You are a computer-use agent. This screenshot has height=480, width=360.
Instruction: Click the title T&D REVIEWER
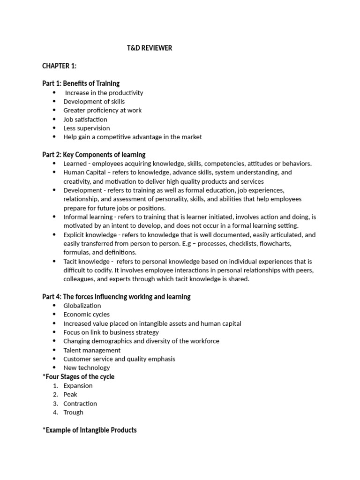tap(150, 48)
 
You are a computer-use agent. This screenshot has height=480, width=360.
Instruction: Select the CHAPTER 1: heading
tap(60, 66)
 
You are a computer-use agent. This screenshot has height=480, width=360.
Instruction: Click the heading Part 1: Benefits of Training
tap(81, 83)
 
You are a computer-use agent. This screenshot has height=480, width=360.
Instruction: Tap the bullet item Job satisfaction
tap(85, 119)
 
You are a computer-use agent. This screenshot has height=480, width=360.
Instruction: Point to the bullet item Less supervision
tap(87, 128)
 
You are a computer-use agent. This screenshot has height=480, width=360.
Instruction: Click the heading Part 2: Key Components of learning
tap(94, 155)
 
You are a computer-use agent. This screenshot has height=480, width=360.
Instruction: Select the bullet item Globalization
tap(82, 306)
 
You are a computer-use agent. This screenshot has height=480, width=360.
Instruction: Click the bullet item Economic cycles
tap(86, 315)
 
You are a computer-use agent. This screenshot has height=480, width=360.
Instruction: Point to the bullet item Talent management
tap(92, 350)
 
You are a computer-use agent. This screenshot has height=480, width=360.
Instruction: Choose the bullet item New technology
tap(87, 368)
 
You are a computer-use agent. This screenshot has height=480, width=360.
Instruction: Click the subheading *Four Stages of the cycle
tap(78, 377)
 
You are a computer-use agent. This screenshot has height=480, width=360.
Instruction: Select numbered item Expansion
tap(78, 386)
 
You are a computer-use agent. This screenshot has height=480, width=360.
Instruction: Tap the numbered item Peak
tap(70, 395)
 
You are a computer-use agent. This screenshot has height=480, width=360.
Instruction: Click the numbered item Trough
tap(74, 412)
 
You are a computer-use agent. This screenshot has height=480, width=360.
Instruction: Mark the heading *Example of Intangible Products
tap(90, 430)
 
